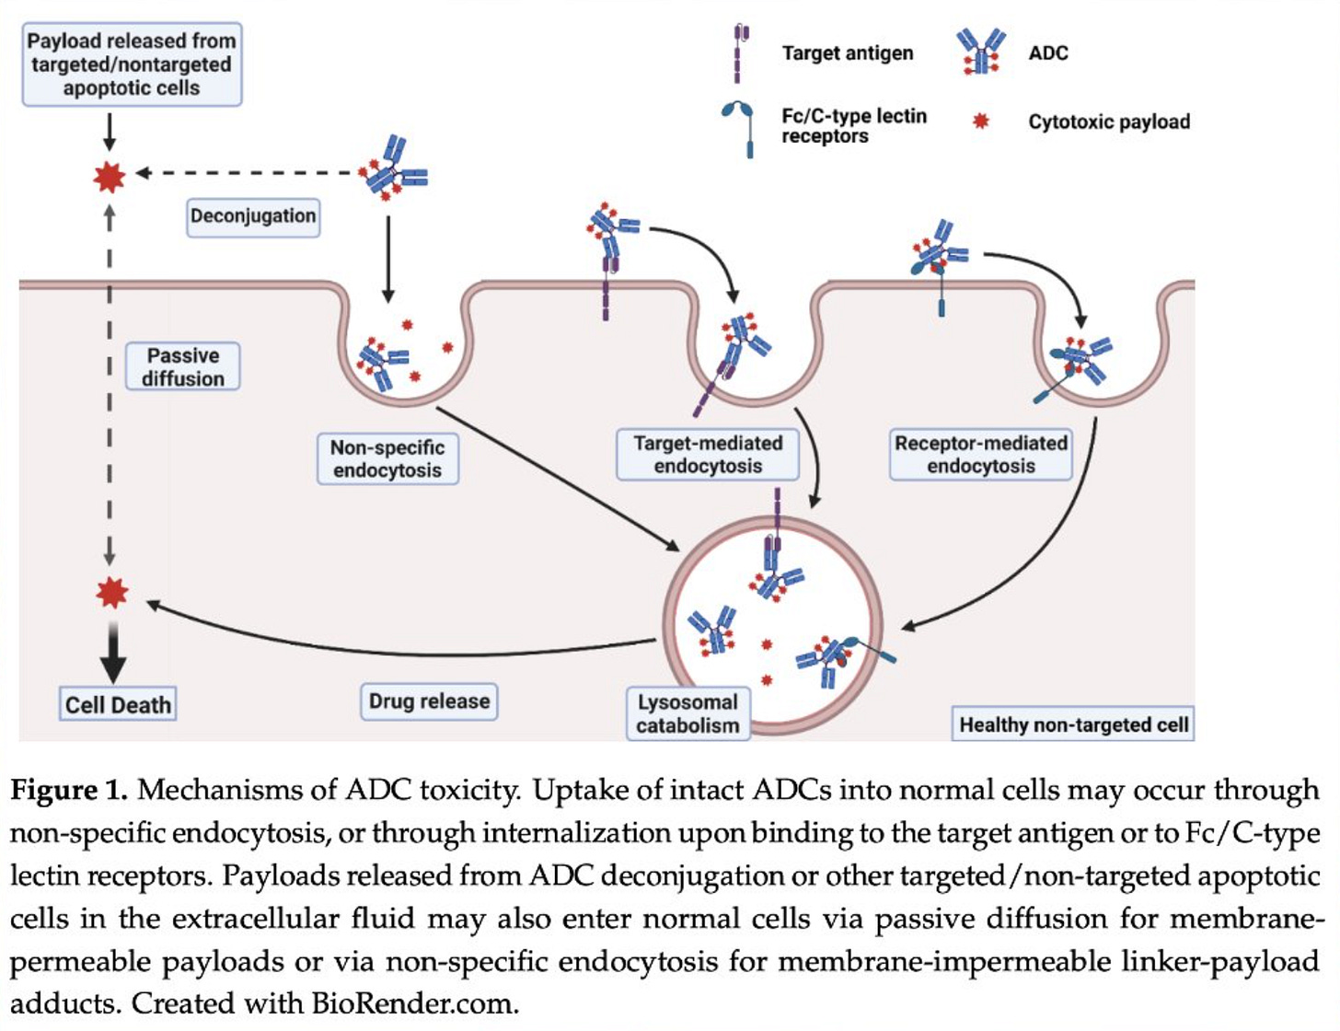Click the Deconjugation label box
pyautogui.click(x=253, y=217)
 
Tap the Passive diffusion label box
pyautogui.click(x=183, y=366)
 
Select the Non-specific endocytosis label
pyautogui.click(x=387, y=458)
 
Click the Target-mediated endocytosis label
pyautogui.click(x=708, y=455)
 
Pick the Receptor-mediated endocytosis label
pyautogui.click(x=980, y=455)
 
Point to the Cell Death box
pyautogui.click(x=118, y=703)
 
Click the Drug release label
pyautogui.click(x=429, y=701)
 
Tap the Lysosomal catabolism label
pyautogui.click(x=688, y=713)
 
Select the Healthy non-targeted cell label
pyautogui.click(x=1073, y=724)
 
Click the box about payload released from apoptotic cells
pyautogui.click(x=132, y=64)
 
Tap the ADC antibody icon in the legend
pyautogui.click(x=980, y=52)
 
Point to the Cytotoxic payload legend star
pyautogui.click(x=980, y=122)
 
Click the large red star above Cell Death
pyautogui.click(x=112, y=593)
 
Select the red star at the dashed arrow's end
pyautogui.click(x=110, y=178)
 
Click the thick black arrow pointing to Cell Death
pyautogui.click(x=113, y=653)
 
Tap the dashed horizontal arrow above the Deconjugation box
pyautogui.click(x=247, y=173)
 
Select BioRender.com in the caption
pyautogui.click(x=415, y=1003)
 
